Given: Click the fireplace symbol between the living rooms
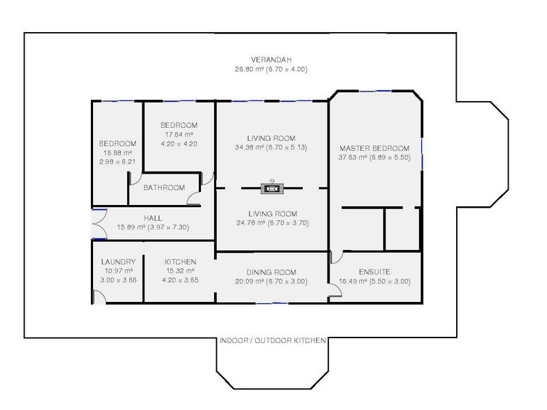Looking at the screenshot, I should coord(271,187).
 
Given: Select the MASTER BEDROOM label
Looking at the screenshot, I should coord(373,148).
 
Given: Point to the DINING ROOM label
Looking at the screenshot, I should coord(272,272).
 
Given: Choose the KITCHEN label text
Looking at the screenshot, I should coord(181,262).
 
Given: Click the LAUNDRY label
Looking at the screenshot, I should coord(118,262).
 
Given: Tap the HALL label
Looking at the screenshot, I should coord(152,218).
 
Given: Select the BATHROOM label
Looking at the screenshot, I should coord(163,188).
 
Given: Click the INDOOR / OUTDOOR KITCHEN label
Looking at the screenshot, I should coord(272,340).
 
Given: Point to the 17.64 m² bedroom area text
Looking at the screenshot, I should coord(178,135).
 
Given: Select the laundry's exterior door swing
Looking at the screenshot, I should coord(98,296).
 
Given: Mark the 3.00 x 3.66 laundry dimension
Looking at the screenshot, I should coord(118,279).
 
